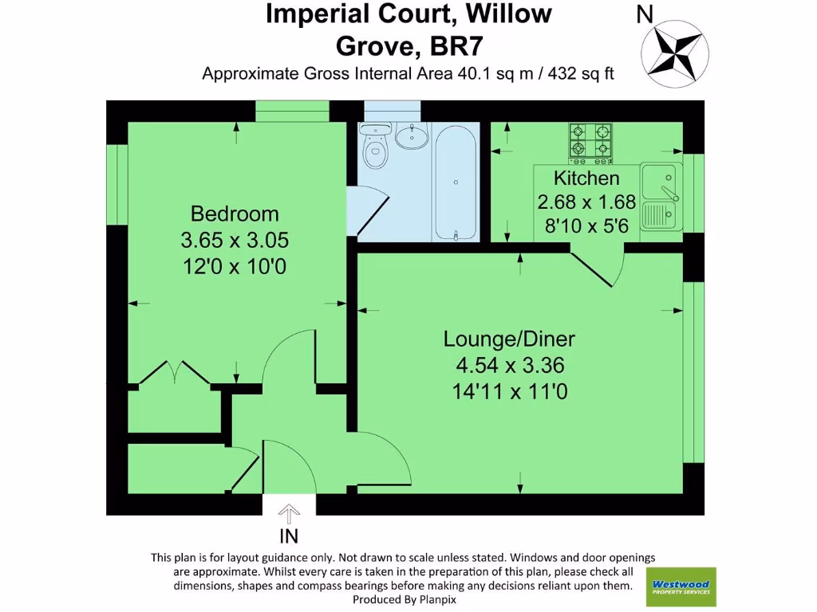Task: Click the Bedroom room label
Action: [x=235, y=214]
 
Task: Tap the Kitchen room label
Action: [x=586, y=178]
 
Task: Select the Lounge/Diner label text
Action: [x=509, y=339]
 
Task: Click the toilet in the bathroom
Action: [x=373, y=145]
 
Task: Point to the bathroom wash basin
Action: [x=413, y=136]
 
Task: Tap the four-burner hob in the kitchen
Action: [x=590, y=141]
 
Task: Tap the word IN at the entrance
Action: [x=289, y=535]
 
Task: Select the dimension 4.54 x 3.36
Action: [x=509, y=366]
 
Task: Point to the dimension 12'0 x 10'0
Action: [x=235, y=265]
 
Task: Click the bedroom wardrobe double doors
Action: [x=173, y=374]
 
